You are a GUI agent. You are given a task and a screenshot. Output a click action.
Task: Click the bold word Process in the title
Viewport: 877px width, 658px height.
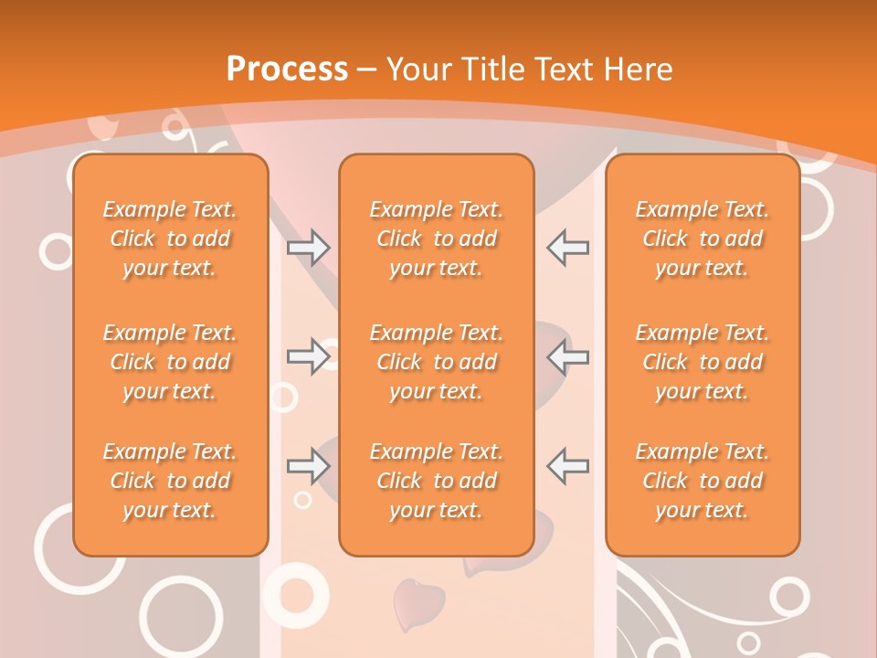coord(287,69)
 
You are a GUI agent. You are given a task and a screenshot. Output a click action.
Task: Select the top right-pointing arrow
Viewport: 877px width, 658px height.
coord(309,248)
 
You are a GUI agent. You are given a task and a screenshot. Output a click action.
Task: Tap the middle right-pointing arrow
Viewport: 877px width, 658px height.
coord(309,356)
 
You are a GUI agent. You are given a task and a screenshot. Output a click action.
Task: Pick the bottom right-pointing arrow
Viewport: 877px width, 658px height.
coord(309,467)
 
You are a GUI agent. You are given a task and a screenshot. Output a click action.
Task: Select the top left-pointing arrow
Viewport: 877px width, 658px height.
coord(567,248)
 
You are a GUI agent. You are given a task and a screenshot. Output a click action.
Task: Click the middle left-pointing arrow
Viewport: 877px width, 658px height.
coord(567,356)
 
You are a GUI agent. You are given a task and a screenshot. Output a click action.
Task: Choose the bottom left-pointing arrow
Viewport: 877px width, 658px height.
coord(567,467)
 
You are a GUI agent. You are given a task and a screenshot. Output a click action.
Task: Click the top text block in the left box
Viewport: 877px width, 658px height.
coord(170,239)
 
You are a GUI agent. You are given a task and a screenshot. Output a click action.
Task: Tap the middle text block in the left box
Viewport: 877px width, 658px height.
coord(170,362)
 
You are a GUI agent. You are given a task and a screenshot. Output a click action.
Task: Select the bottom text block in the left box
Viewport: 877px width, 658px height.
coord(170,481)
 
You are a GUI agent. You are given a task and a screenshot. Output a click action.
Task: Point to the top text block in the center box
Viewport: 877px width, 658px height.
coord(436,239)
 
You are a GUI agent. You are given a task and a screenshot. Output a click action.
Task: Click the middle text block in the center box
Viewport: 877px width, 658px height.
coord(436,362)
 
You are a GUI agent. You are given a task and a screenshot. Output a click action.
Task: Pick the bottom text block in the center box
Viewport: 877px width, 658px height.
coord(436,481)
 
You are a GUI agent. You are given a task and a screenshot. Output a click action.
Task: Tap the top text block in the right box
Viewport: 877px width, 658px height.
coord(703,239)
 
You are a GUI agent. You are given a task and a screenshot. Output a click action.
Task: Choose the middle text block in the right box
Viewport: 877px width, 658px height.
coord(703,362)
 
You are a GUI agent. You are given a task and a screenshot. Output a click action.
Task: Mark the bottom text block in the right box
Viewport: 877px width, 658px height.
coord(703,481)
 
